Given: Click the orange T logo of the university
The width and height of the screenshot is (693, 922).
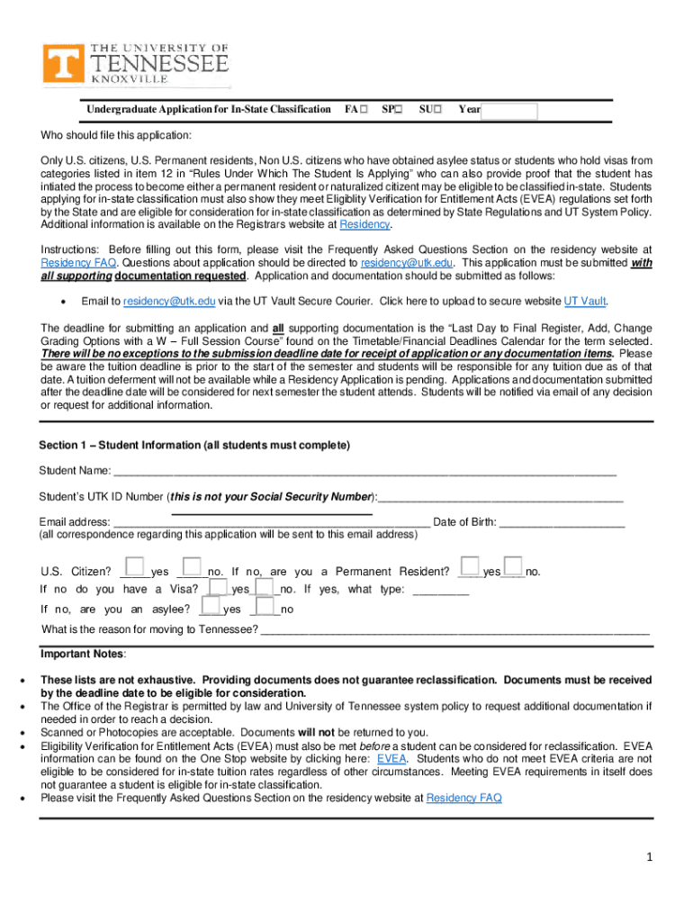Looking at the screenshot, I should tap(60, 65).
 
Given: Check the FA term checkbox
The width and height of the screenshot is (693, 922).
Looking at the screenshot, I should tap(363, 110).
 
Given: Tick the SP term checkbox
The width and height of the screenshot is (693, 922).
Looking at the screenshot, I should tap(399, 110).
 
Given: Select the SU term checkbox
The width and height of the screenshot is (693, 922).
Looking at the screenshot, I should tap(436, 110).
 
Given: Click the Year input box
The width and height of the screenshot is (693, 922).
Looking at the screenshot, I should tap(508, 112).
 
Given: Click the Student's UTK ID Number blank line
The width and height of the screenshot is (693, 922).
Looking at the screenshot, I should tap(500, 497).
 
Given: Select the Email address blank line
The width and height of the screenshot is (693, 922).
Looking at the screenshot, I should tap(271, 522).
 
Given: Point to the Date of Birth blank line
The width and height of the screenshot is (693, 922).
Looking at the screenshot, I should tap(562, 522).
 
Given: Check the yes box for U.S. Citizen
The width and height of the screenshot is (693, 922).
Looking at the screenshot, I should tap(136, 567).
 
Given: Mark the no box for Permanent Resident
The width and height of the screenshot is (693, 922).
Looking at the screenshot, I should tap(514, 567).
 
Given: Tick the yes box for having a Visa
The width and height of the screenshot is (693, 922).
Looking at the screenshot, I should tap(217, 586).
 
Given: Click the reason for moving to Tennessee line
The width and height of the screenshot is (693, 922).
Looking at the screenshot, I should tap(454, 629).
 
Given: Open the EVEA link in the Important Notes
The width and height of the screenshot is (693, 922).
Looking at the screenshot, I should tap(391, 759).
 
